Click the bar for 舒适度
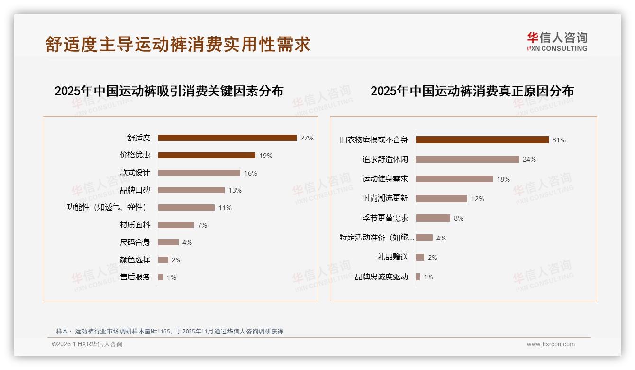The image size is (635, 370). pos(227,138)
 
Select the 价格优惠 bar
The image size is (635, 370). pos(207,156)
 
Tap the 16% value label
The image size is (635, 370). pos(251,173)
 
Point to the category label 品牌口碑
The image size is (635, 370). pos(135,190)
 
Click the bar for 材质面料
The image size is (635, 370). pos(176,225)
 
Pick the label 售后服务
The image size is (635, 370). pos(135,277)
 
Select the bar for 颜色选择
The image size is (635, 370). pos(163,260)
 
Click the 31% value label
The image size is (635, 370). pos(559,140)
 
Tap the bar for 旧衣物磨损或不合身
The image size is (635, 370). pos(482,140)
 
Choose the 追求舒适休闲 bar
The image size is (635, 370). pos(467,159)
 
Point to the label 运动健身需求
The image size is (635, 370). pos(385,179)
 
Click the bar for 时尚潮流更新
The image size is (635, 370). pos(442,199)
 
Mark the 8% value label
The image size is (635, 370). pos(459,218)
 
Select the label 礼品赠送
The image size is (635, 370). pos(393,258)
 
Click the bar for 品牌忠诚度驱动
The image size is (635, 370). pos(418,277)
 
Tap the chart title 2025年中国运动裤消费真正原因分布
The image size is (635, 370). pos(472,91)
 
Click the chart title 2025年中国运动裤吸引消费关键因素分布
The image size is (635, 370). pos(169,91)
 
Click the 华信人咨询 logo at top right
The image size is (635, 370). pos(557,42)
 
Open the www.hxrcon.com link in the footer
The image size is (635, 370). pos(551,344)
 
